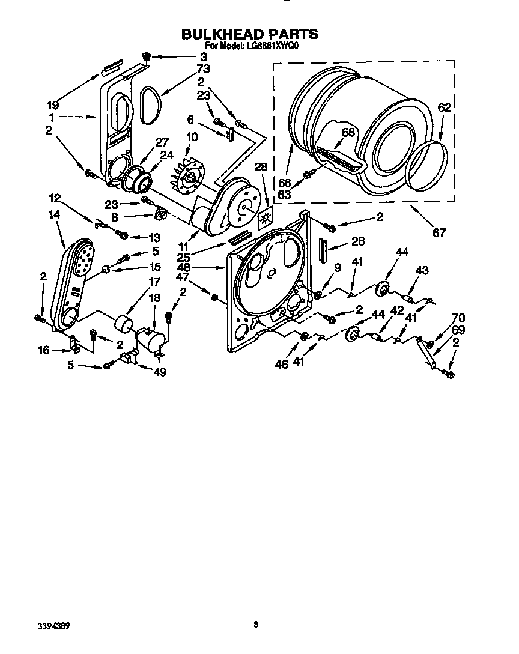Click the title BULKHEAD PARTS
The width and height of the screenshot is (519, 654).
tap(249, 35)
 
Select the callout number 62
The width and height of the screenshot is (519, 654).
tap(443, 109)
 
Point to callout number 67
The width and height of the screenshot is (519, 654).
tap(439, 232)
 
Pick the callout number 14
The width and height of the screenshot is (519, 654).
tap(55, 213)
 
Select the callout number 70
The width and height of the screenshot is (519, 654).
tap(458, 318)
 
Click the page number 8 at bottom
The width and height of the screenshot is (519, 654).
tap(256, 625)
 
